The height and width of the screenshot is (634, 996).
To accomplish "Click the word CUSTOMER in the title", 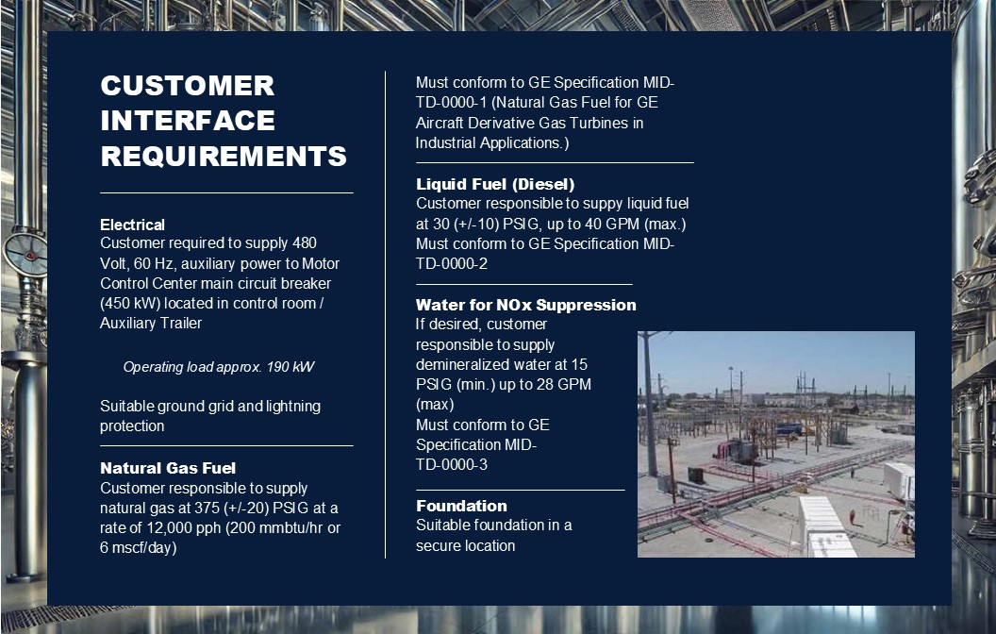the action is click(x=188, y=86).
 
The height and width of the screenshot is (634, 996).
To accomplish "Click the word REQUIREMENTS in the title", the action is click(x=224, y=157).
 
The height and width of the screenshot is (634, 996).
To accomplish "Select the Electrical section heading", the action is click(x=132, y=225).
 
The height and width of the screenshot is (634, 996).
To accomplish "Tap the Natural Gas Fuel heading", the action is click(x=168, y=468).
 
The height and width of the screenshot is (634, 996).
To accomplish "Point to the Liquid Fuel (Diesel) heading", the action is click(x=495, y=184).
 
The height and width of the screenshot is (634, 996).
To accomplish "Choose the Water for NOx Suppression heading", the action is click(x=526, y=305).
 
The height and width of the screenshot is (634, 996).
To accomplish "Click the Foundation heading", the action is click(x=462, y=506).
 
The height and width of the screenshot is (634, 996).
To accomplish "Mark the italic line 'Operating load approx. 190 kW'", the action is click(x=219, y=367).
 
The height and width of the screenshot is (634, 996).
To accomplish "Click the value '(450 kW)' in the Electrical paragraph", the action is click(x=129, y=303).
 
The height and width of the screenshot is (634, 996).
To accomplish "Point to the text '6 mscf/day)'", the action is click(x=139, y=547).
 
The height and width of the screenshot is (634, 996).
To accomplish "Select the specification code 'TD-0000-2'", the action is click(x=452, y=263).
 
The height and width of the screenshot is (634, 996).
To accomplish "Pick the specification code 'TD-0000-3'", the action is click(x=452, y=464).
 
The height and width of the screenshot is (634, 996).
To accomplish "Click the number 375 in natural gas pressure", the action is click(x=207, y=509).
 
